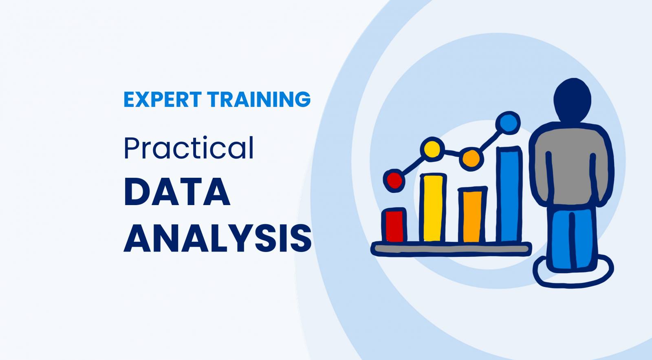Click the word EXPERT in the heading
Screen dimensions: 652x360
[163, 99]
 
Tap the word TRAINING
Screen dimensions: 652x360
[259, 99]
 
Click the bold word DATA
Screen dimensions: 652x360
[177, 192]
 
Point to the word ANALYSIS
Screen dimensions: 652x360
[218, 238]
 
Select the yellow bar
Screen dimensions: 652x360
[433, 208]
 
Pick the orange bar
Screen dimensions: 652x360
[472, 215]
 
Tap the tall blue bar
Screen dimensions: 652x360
[509, 194]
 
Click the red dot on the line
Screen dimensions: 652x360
[394, 181]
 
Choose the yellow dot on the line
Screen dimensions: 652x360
[432, 149]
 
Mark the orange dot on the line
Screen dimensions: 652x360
[471, 159]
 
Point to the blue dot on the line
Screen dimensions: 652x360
[508, 123]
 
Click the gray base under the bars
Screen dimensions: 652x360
[451, 249]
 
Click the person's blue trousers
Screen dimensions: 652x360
[572, 239]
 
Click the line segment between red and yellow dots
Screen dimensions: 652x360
[413, 166]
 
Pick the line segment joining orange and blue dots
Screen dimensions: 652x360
[490, 141]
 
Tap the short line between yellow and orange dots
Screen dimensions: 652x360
[452, 153]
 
